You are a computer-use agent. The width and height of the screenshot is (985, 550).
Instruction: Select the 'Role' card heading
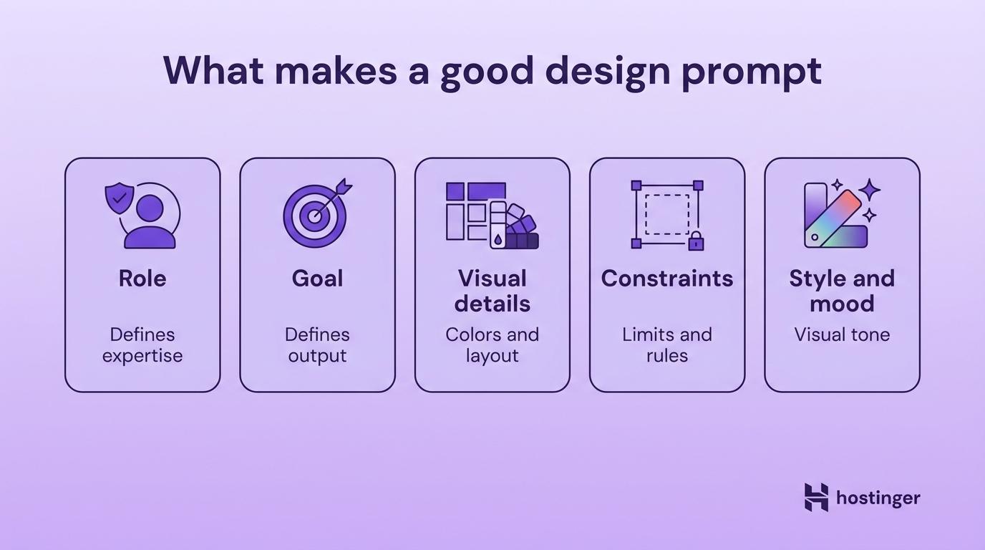[142, 279]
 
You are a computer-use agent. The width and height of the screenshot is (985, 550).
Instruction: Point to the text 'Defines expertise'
[142, 345]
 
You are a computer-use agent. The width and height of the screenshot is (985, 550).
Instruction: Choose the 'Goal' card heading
[317, 279]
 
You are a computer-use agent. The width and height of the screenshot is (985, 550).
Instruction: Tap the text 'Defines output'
[317, 345]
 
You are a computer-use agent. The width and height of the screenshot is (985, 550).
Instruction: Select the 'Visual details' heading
[492, 291]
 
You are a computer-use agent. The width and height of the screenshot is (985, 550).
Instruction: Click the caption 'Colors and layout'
[492, 345]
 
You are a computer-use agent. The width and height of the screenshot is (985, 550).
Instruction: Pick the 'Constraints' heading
[667, 279]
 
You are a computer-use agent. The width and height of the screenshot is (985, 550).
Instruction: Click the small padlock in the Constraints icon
[695, 241]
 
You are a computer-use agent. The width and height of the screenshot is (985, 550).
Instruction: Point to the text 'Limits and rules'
[667, 345]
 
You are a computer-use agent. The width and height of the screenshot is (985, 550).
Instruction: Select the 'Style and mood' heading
[842, 291]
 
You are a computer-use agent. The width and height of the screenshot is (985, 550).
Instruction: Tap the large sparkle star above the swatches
[870, 190]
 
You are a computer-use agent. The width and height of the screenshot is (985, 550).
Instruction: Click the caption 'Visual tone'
[842, 334]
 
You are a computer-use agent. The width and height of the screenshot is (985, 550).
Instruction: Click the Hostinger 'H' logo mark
[816, 497]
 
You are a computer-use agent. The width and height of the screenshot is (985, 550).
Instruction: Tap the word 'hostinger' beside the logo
[878, 498]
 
